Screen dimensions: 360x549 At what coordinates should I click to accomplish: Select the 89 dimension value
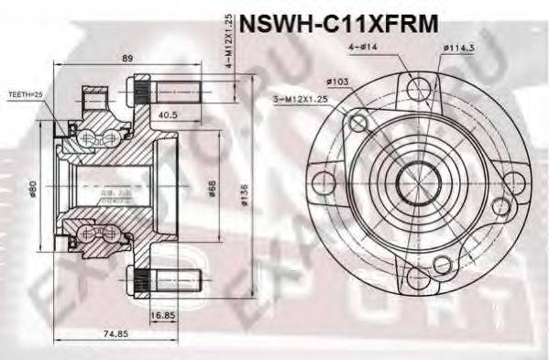click(127, 59)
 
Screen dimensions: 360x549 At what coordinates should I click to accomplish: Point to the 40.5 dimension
click(167, 116)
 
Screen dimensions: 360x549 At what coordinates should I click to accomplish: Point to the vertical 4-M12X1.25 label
click(229, 40)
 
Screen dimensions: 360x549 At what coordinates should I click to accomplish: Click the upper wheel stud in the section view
click(174, 92)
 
